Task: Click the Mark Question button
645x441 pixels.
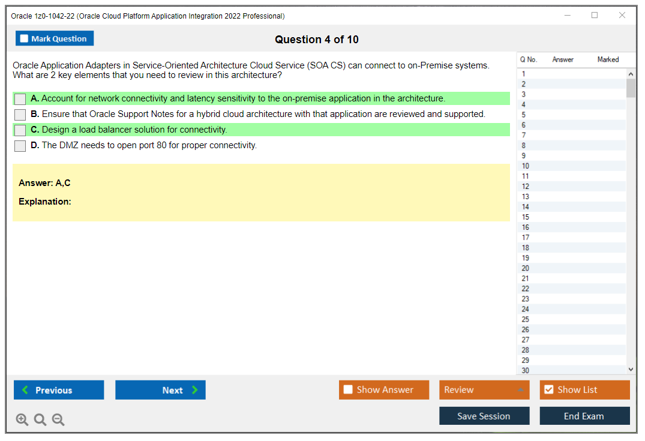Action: [x=55, y=38]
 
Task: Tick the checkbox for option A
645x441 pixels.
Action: [x=20, y=99]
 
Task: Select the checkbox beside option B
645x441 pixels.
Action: [x=20, y=115]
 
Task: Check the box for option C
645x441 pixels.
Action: [x=20, y=130]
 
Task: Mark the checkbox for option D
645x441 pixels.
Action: [x=20, y=146]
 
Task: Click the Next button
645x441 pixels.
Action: [x=160, y=390]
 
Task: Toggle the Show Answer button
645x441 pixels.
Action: [x=384, y=390]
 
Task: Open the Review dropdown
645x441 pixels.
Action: [x=484, y=390]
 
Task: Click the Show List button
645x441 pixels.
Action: [x=584, y=390]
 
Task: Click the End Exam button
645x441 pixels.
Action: [x=584, y=416]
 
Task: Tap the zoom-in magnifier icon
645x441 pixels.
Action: [x=22, y=419]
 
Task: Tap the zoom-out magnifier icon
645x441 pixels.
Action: [x=58, y=419]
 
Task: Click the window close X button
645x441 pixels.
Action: [x=622, y=15]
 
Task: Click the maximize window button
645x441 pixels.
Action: [x=595, y=15]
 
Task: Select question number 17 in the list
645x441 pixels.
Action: [x=525, y=238]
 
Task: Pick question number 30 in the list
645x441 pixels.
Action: [x=525, y=370]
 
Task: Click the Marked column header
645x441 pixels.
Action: [x=608, y=59]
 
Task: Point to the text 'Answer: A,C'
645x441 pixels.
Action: [x=44, y=183]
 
